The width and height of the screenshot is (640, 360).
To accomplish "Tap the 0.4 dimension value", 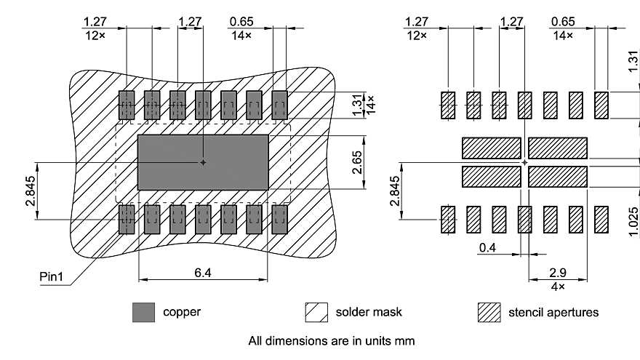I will click(x=488, y=248).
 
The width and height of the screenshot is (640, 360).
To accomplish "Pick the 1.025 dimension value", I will click(x=633, y=219).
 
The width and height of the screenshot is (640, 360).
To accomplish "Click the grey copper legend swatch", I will click(x=143, y=313).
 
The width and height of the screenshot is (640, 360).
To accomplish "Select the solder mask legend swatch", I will click(x=316, y=313).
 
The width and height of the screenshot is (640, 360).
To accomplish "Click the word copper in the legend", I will click(x=182, y=312).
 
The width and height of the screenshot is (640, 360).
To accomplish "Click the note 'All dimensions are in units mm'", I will click(x=332, y=340).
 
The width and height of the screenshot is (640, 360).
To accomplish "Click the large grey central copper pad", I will click(x=203, y=162).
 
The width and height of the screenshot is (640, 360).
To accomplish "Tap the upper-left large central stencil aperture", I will click(x=491, y=148).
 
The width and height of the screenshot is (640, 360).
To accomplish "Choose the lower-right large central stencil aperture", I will click(x=558, y=177).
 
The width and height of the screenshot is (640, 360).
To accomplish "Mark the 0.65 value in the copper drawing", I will click(x=241, y=21).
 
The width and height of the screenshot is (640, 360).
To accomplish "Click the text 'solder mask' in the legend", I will click(x=369, y=312).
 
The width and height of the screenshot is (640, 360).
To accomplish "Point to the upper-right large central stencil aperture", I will click(x=558, y=148).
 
